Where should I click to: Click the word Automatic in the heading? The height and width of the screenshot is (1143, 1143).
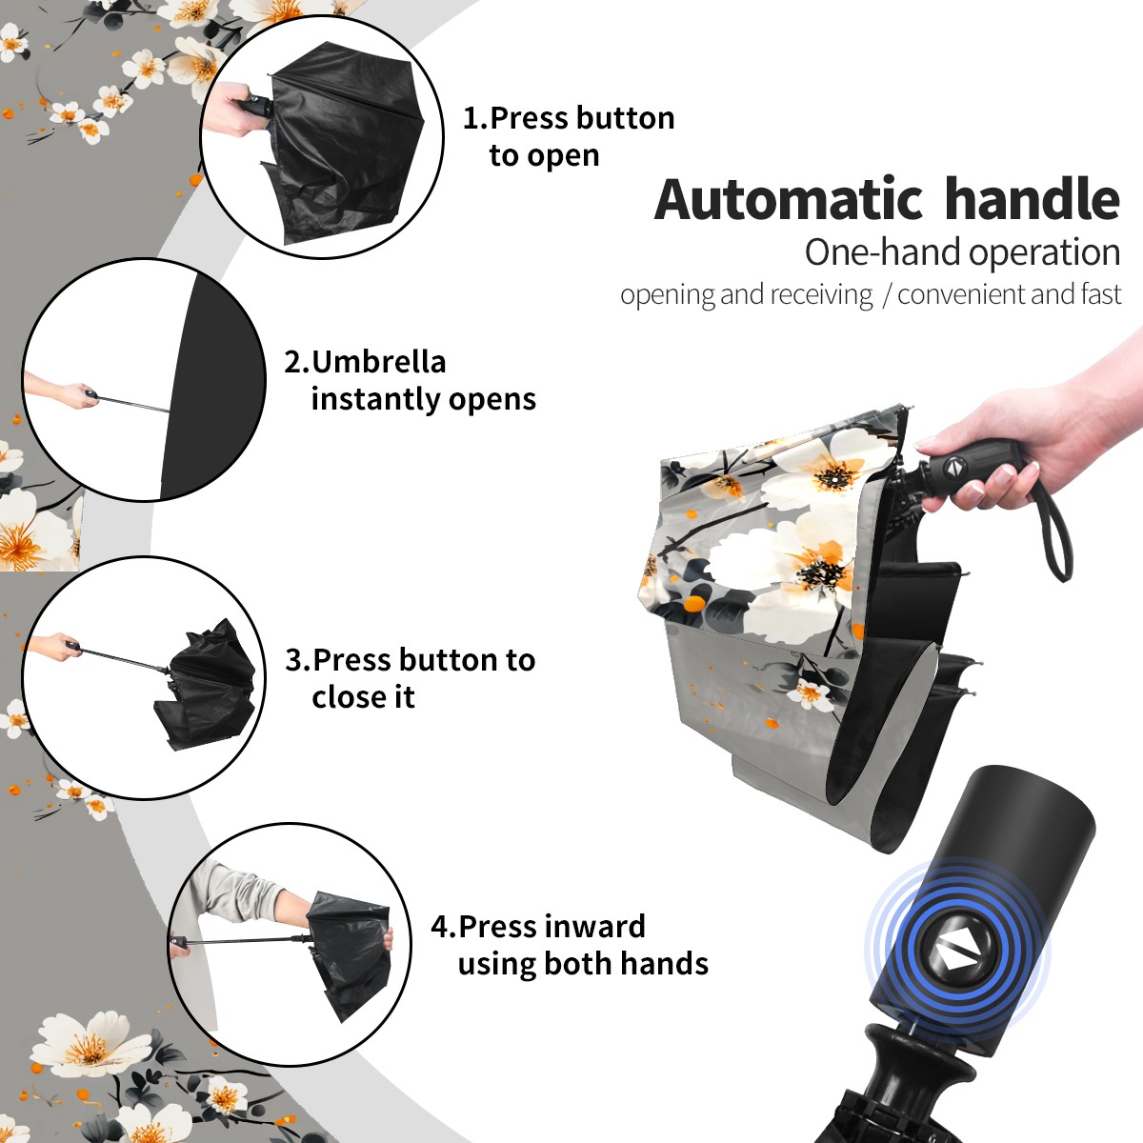[789, 199]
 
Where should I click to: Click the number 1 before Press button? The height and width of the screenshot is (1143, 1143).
[470, 118]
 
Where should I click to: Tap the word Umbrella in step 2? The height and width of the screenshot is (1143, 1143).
[378, 362]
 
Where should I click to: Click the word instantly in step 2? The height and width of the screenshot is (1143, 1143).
[376, 398]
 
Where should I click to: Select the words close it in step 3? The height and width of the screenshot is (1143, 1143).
[363, 696]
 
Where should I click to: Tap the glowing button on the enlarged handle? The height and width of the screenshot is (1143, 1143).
[956, 956]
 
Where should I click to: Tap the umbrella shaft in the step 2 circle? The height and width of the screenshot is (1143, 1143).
[134, 403]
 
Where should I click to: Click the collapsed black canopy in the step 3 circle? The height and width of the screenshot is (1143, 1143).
[205, 685]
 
